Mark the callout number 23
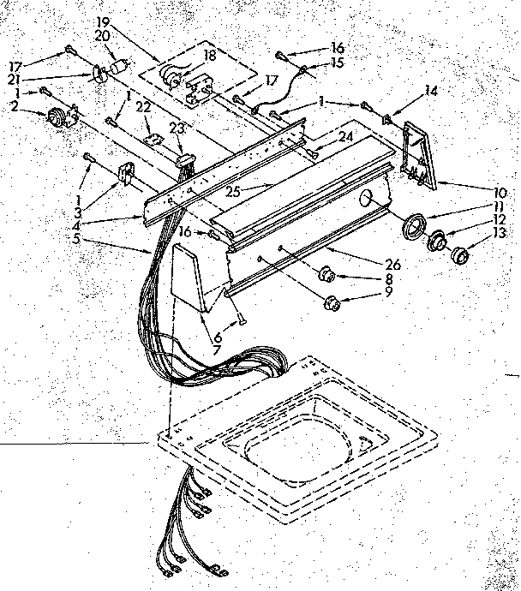177,127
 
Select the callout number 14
431,90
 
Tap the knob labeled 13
462,254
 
